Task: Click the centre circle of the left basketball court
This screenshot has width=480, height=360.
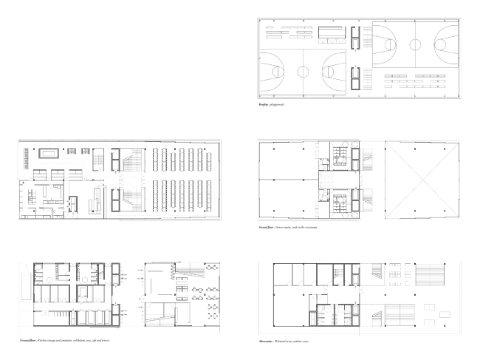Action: point(303,72)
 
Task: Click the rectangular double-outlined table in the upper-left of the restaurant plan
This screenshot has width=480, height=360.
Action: point(49,154)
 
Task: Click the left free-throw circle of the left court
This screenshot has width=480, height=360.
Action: point(272,72)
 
